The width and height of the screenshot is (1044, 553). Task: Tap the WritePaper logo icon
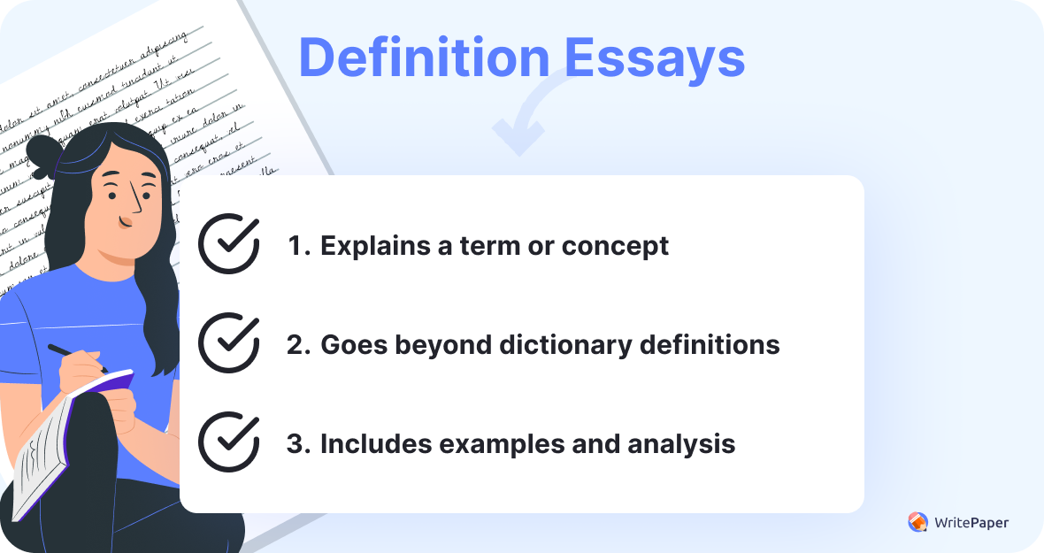point(917,522)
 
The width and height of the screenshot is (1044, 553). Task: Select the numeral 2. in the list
point(297,344)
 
